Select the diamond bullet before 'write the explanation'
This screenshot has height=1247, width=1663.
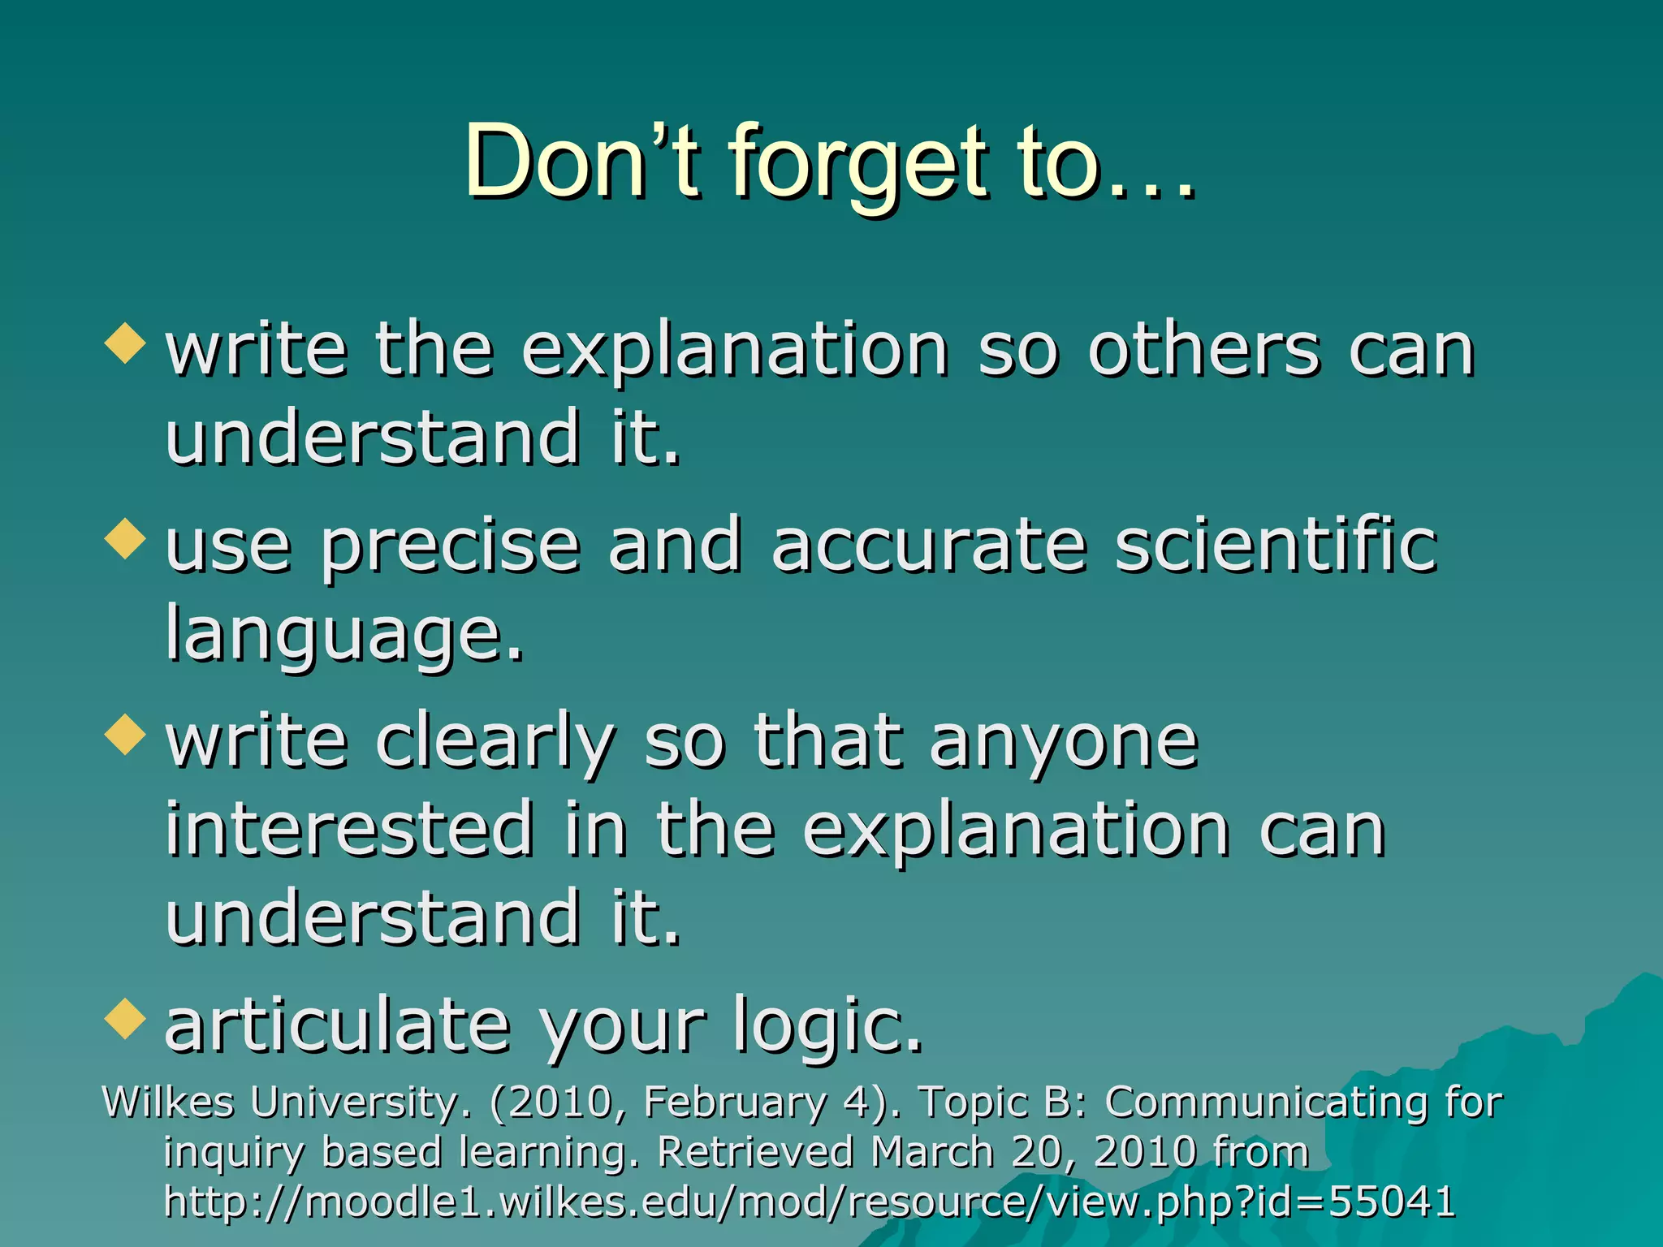(x=125, y=343)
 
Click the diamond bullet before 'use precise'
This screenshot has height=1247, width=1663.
(x=125, y=539)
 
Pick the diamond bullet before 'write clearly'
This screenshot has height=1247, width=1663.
(x=125, y=735)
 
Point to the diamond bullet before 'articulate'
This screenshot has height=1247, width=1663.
(x=125, y=1020)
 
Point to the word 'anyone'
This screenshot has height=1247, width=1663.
(x=1064, y=743)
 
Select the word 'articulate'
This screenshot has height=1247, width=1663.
(x=337, y=1025)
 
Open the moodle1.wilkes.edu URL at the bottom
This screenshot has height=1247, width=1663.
(x=809, y=1202)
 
